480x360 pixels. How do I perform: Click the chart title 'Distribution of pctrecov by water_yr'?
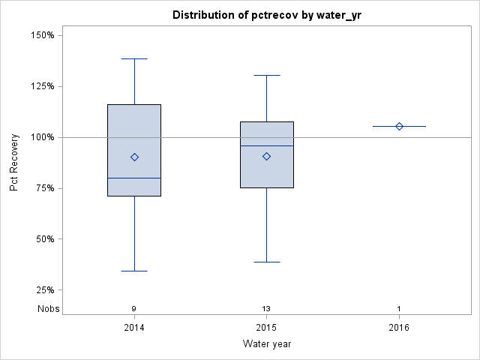click(266, 15)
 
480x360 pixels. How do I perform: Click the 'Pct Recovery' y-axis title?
click(14, 163)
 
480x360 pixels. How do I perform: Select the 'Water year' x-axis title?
click(266, 344)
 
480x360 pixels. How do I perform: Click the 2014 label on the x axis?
click(134, 328)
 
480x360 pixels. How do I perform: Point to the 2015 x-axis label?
click(266, 328)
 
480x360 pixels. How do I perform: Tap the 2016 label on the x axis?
click(399, 328)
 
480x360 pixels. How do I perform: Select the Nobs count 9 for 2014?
click(134, 309)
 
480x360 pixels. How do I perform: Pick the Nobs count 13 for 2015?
click(266, 309)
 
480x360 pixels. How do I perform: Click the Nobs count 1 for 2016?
click(399, 309)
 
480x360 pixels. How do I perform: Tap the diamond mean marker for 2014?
click(134, 157)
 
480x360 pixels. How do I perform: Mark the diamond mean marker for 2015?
click(266, 156)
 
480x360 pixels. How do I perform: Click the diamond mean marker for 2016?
click(399, 126)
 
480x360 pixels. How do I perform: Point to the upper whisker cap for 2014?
click(134, 58)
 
